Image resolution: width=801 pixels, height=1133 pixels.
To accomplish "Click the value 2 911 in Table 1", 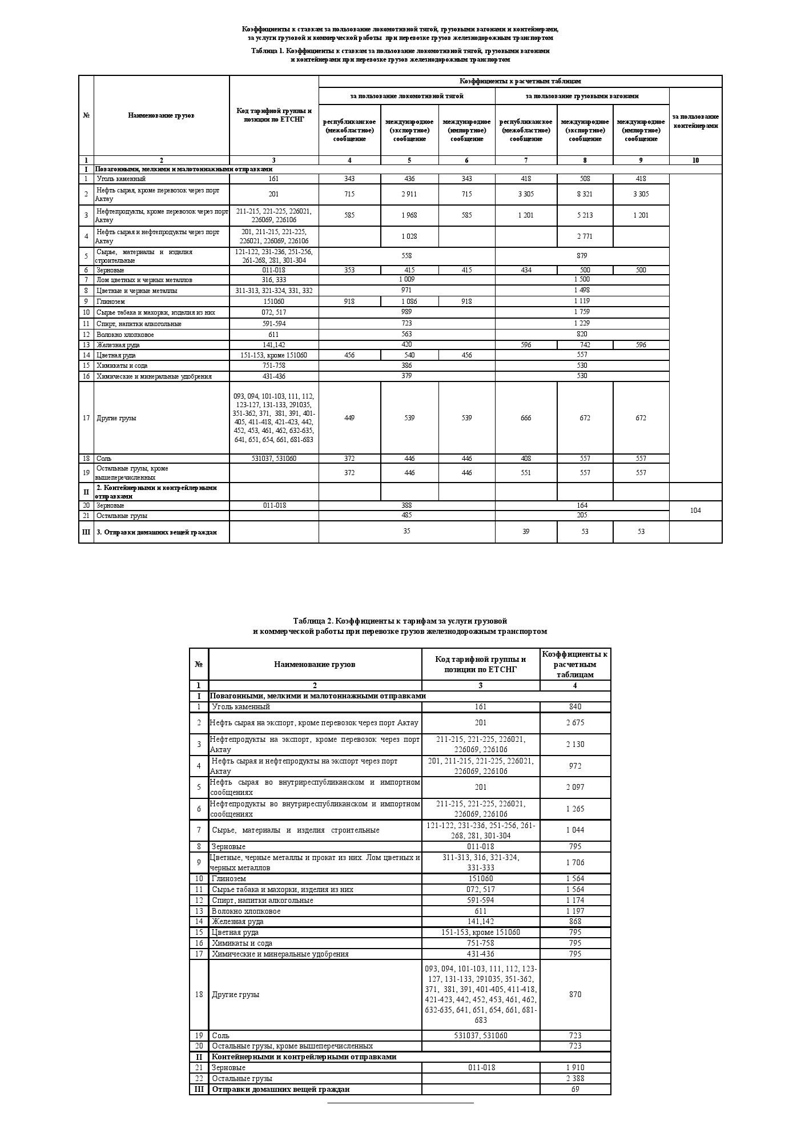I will pos(409,194).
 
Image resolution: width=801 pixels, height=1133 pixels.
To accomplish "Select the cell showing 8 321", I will pos(585,194).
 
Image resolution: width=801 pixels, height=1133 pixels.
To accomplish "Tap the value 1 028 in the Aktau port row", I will pos(409,236).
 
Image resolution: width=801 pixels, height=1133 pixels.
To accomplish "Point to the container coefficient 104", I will pos(695,511).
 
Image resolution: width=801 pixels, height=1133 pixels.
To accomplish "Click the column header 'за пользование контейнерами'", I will pos(695,121).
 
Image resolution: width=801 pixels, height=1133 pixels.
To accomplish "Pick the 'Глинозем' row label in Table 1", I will pos(111,302).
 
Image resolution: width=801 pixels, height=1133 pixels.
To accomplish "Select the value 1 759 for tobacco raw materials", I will pos(582,312).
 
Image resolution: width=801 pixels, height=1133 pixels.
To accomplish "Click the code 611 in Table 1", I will pos(273,335).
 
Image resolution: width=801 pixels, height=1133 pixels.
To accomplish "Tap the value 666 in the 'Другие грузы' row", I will pos(526,418).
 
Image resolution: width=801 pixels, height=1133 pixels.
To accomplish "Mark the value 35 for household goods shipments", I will pos(406,531).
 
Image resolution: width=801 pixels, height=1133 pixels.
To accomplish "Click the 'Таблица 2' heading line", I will pos(400,621).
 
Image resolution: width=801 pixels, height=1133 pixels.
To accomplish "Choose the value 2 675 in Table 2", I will pos(575,723).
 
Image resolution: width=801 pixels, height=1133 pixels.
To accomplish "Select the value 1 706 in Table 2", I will pos(575,862).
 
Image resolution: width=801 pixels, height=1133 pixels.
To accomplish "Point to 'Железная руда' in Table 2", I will pos(238,921).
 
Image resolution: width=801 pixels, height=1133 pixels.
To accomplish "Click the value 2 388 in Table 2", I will pos(575,1078).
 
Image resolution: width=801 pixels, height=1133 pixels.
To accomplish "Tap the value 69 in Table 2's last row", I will pos(575,1089).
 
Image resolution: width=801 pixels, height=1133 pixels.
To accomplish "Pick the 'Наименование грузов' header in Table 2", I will pos(315,664).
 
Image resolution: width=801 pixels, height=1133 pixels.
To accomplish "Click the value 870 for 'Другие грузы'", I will pos(575,994).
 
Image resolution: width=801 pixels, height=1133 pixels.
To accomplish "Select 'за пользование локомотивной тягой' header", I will pos(406,96).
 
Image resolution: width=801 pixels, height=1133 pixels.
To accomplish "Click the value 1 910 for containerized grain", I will pos(575,1067).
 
